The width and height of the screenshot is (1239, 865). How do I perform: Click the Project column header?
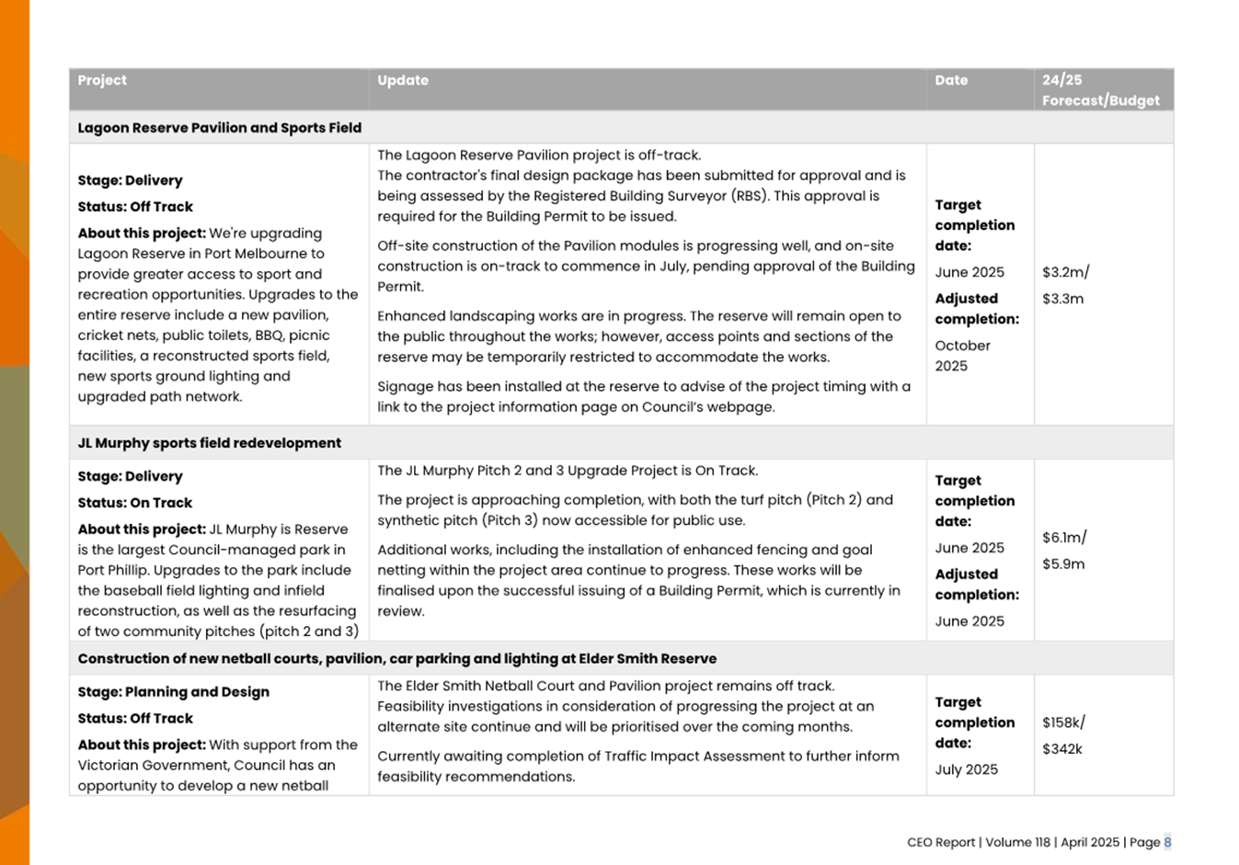pos(102,80)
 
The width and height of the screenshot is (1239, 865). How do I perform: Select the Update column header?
pos(403,80)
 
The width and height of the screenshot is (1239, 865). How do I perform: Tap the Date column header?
pos(951,80)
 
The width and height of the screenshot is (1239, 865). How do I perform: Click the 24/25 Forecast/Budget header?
pos(1100,90)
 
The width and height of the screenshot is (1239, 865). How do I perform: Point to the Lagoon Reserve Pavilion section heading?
pos(219,128)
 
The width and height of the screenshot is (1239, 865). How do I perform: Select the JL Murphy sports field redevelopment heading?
pos(209,443)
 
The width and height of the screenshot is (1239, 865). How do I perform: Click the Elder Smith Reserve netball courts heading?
pos(396,659)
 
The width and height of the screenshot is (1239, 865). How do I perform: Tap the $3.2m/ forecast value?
pos(1065,272)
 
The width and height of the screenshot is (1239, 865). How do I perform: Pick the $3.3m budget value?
pos(1062,299)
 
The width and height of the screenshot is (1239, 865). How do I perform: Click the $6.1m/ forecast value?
pos(1064,538)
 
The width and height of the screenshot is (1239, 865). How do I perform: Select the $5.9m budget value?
pos(1062,564)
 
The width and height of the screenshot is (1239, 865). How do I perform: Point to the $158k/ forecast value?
pos(1063,723)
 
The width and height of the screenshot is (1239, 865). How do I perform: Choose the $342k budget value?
pos(1061,749)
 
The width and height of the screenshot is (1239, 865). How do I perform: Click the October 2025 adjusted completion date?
pos(962,356)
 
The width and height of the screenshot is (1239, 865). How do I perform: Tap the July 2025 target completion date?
pos(966,769)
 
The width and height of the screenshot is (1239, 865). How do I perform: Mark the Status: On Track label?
pos(134,503)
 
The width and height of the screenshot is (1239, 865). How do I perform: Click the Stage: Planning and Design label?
pos(173,692)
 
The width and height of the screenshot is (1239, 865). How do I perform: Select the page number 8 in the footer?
pos(1167,842)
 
